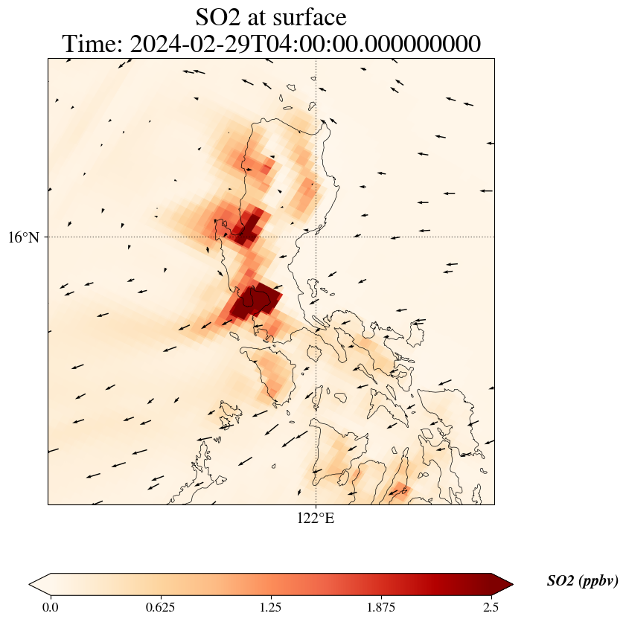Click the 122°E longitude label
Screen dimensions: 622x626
click(316, 518)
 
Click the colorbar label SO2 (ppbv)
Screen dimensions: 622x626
click(582, 581)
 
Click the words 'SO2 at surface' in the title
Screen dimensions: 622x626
click(271, 16)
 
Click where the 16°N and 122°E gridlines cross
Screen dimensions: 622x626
click(316, 237)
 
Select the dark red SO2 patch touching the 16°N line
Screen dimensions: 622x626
click(246, 227)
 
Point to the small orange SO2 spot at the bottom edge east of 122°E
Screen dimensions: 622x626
click(399, 490)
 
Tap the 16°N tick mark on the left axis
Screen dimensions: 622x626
click(48, 237)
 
